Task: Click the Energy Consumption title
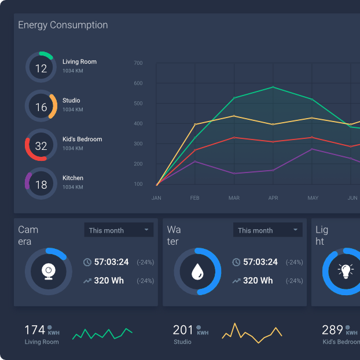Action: click(x=63, y=25)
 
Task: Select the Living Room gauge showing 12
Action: click(x=41, y=68)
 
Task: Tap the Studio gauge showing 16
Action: click(x=41, y=107)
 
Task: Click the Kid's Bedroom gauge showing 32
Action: click(x=41, y=146)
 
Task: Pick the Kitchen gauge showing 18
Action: click(x=41, y=185)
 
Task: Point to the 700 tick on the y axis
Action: click(x=138, y=63)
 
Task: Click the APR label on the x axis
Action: click(x=273, y=198)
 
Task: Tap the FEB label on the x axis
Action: click(x=195, y=198)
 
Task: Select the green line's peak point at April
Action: click(x=273, y=87)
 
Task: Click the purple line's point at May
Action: click(x=313, y=149)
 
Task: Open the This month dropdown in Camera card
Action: click(x=119, y=230)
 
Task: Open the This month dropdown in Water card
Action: click(x=267, y=230)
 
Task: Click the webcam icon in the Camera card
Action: click(x=49, y=271)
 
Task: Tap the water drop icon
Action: click(x=197, y=271)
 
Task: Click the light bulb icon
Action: click(x=346, y=271)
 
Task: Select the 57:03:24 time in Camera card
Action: click(x=111, y=262)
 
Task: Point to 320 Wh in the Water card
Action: click(x=258, y=281)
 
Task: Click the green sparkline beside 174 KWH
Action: click(x=102, y=334)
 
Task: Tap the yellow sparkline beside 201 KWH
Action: click(x=251, y=332)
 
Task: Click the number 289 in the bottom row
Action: click(x=332, y=330)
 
